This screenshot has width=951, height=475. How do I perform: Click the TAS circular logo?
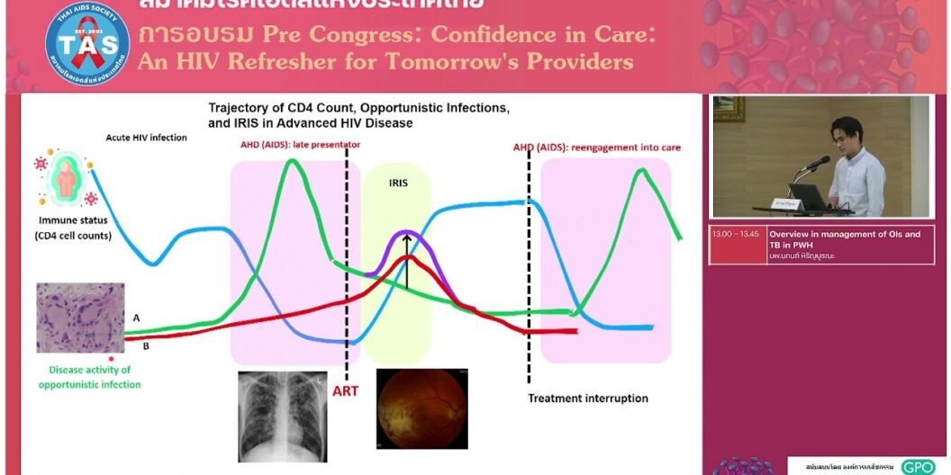click(87, 45)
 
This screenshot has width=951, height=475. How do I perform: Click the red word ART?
click(348, 391)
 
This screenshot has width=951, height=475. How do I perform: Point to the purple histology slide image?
click(80, 318)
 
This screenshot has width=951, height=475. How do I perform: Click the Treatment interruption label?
click(587, 399)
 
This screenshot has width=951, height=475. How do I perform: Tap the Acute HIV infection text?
click(146, 138)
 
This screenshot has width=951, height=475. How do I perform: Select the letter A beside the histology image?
click(136, 318)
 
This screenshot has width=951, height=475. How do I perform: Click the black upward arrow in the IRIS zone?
click(406, 261)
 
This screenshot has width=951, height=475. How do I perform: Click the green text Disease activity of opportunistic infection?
click(89, 377)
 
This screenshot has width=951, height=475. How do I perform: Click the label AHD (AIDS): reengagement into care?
click(597, 147)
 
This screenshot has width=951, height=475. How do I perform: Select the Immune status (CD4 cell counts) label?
click(74, 228)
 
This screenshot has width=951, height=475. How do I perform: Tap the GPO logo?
click(918, 467)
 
